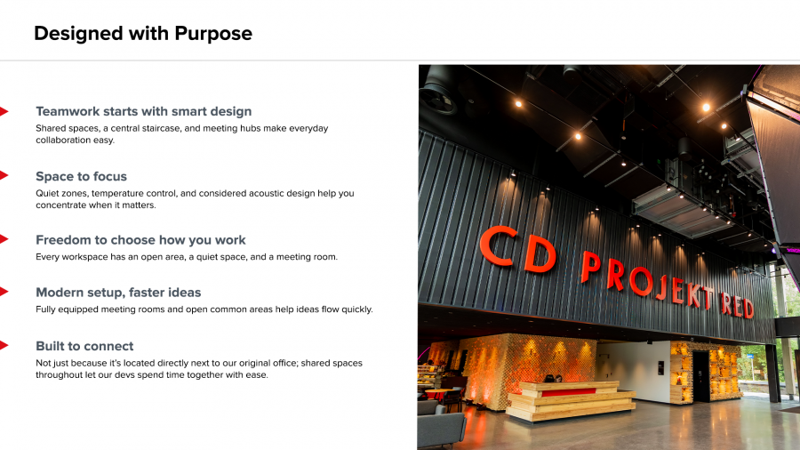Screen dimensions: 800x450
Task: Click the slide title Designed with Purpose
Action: tap(143, 34)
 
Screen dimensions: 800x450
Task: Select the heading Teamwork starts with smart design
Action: tap(143, 111)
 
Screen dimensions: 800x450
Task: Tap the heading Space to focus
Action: tap(81, 176)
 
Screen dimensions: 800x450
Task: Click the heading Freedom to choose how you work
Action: tap(140, 240)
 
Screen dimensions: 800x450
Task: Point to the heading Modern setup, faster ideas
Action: tap(118, 293)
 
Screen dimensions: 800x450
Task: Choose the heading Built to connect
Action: tap(84, 346)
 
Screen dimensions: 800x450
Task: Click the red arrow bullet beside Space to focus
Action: tap(4, 175)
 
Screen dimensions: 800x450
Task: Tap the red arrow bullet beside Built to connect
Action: tap(4, 345)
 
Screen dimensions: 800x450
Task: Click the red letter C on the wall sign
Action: tap(499, 246)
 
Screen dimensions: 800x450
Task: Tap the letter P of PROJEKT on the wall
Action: tap(591, 267)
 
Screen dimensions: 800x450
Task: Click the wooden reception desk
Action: tap(572, 400)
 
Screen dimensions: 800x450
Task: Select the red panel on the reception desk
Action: tap(568, 392)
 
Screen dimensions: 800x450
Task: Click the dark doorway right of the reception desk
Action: tap(700, 376)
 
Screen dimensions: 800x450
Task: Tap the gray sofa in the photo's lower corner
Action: tap(442, 427)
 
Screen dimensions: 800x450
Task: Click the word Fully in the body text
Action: tap(45, 309)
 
